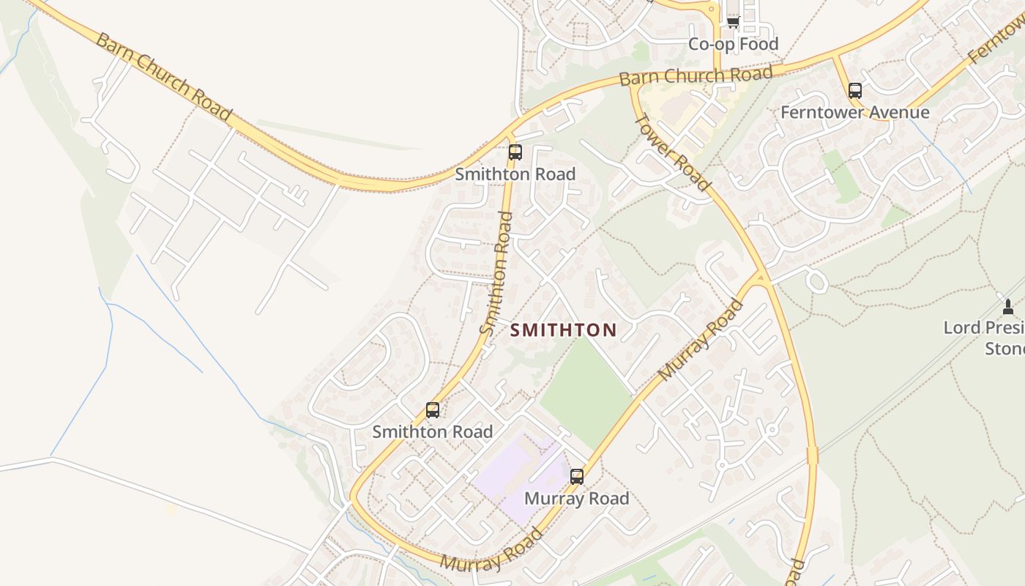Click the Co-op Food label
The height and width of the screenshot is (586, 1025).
[x=733, y=44]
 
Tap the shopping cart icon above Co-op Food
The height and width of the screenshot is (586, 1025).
[x=733, y=22]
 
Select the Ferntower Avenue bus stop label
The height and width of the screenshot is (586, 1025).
[x=854, y=112]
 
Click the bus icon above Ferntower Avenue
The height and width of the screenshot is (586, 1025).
[x=854, y=91]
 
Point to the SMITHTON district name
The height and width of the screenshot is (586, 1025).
[x=563, y=330]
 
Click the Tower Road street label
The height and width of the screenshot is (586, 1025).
[x=671, y=152]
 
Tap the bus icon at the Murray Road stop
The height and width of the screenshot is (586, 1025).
[x=577, y=477]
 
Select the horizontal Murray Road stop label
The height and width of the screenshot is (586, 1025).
[x=577, y=499]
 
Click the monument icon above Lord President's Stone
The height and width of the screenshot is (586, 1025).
[x=1007, y=306]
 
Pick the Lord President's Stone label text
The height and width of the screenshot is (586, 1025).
[x=985, y=338]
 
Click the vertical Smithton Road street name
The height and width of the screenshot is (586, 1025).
[x=496, y=272]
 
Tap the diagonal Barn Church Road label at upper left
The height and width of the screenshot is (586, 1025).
[x=163, y=76]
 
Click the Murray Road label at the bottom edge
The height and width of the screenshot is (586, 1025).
[x=492, y=551]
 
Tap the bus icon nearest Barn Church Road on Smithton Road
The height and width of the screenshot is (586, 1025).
[x=515, y=152]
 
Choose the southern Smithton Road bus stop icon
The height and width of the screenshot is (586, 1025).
[x=433, y=410]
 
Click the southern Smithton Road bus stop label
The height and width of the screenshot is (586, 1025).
[x=433, y=432]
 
